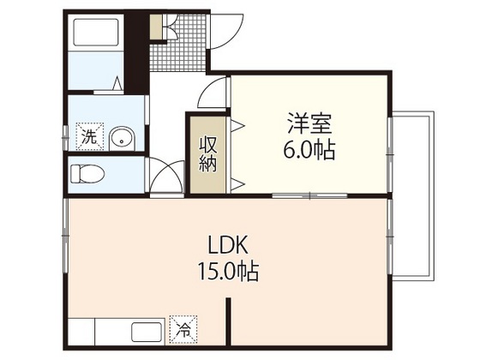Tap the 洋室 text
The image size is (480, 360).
coord(309,123)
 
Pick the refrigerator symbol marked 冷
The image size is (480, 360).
coord(183,327)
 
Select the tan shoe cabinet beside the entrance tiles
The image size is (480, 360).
coord(155,27)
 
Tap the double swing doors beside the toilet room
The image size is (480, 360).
coord(165,176)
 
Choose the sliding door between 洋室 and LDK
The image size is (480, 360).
coord(309,195)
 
